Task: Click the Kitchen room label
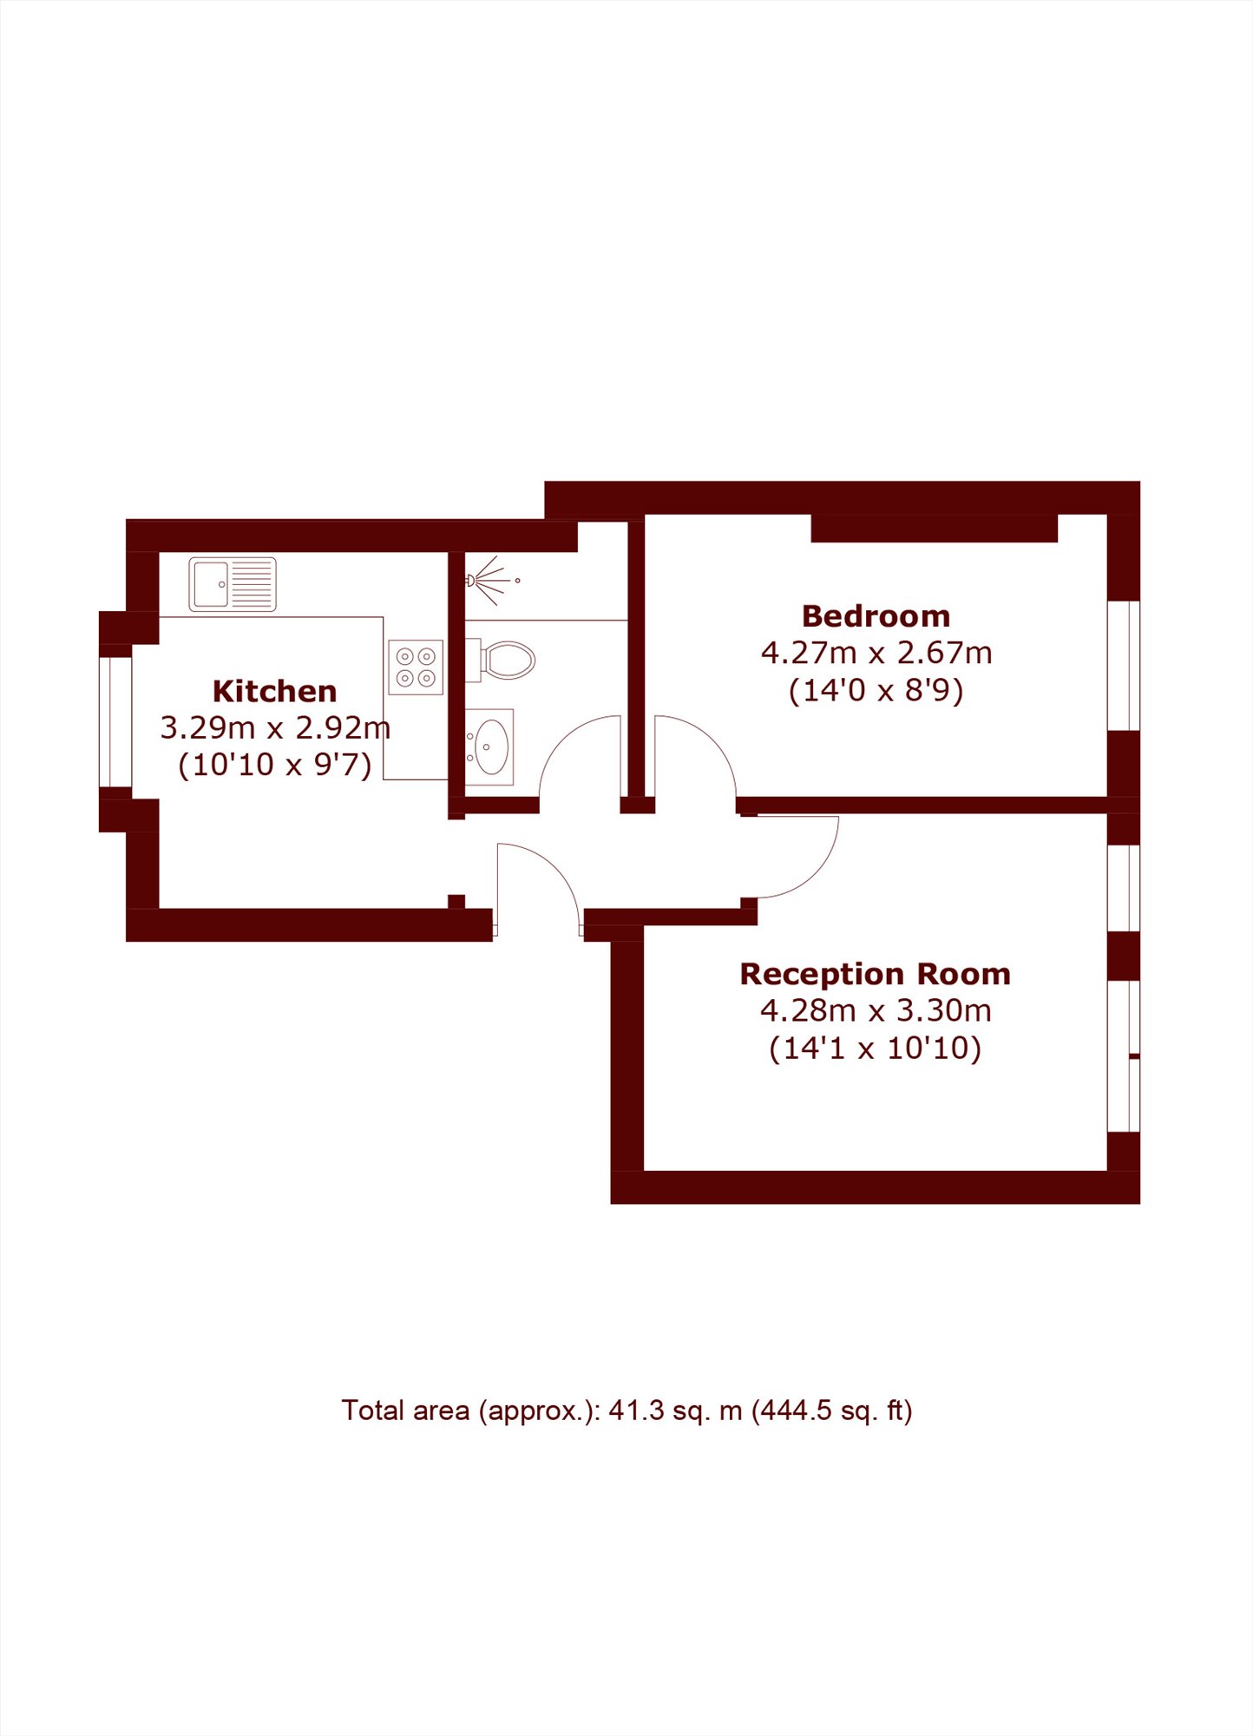point(274,691)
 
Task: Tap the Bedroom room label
point(876,616)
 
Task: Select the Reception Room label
point(875,974)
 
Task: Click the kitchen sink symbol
point(233,584)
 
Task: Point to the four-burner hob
point(416,667)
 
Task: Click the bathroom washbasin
point(489,747)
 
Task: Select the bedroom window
point(1124,665)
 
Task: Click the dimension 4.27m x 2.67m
point(876,653)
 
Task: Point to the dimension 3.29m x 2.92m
point(275,727)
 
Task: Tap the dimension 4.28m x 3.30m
point(876,1010)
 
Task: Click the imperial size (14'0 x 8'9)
point(876,691)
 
